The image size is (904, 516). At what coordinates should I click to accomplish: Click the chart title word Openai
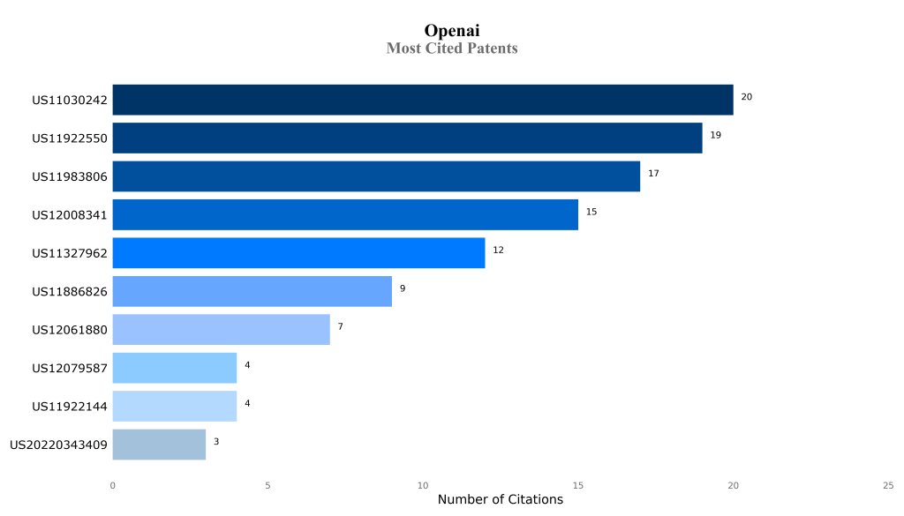(x=452, y=31)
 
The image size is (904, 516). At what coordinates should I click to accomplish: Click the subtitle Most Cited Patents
(x=452, y=49)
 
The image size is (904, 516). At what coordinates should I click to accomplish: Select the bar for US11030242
(x=423, y=100)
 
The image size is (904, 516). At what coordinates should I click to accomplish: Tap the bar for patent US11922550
(x=407, y=138)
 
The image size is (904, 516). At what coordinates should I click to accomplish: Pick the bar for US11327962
(x=298, y=253)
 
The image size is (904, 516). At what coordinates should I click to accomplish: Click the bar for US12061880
(x=221, y=330)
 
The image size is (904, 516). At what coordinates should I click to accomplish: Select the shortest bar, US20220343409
(x=159, y=445)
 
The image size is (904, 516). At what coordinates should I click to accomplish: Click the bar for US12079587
(x=175, y=368)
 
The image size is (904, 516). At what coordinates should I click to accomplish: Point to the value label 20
(x=747, y=97)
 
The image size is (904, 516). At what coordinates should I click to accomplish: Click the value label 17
(x=653, y=174)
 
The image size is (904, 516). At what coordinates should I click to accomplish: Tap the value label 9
(x=403, y=288)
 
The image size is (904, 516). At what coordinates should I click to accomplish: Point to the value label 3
(x=216, y=441)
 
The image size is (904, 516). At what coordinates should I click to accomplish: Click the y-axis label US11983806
(x=70, y=177)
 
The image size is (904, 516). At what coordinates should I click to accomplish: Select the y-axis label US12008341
(x=70, y=215)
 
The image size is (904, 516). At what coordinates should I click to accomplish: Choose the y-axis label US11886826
(x=70, y=292)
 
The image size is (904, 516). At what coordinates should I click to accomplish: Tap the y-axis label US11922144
(x=70, y=407)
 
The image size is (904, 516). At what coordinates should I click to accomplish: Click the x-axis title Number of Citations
(x=500, y=500)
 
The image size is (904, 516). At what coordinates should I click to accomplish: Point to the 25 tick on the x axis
(x=888, y=485)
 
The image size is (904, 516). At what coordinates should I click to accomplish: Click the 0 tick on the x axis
(x=112, y=485)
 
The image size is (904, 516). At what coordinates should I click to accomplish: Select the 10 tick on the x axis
(x=423, y=485)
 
